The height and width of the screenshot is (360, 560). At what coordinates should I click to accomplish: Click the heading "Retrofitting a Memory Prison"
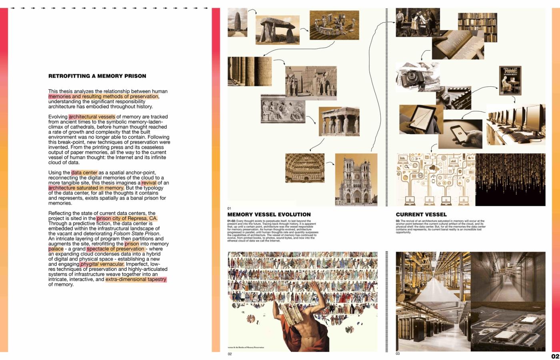tap(97, 76)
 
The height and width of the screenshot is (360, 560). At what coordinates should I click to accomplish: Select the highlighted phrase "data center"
tap(84, 173)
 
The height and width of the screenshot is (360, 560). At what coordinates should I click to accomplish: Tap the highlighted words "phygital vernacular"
tap(102, 264)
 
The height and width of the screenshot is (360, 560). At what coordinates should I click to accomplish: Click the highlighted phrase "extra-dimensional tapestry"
tap(136, 279)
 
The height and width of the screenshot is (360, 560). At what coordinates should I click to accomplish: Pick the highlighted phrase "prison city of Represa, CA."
tap(127, 218)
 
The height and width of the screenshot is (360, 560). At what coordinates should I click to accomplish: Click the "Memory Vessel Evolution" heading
tap(269, 214)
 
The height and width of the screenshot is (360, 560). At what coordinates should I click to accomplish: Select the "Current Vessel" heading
tap(421, 214)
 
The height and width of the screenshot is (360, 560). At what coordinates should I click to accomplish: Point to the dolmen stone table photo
tap(277, 30)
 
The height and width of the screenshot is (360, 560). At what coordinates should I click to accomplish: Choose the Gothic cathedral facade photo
tap(356, 179)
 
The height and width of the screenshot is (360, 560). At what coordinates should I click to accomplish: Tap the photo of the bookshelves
tap(477, 27)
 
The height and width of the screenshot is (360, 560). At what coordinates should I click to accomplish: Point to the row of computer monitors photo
tap(516, 124)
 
